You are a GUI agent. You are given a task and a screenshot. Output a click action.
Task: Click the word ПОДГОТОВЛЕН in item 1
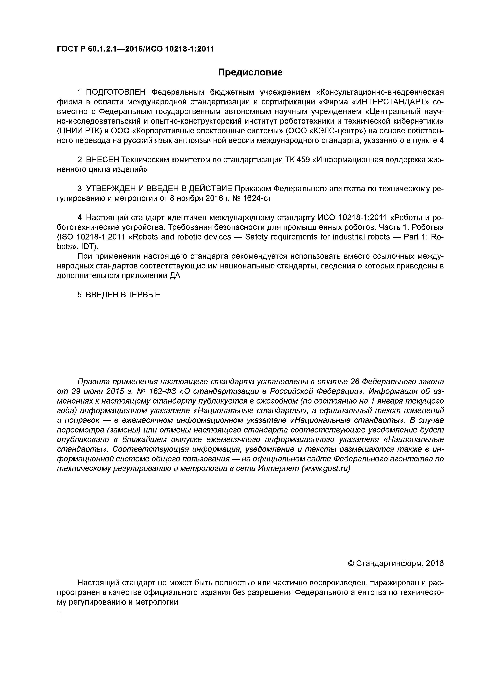coord(116,92)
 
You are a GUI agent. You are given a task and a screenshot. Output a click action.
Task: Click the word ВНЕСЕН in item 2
coord(103,160)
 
